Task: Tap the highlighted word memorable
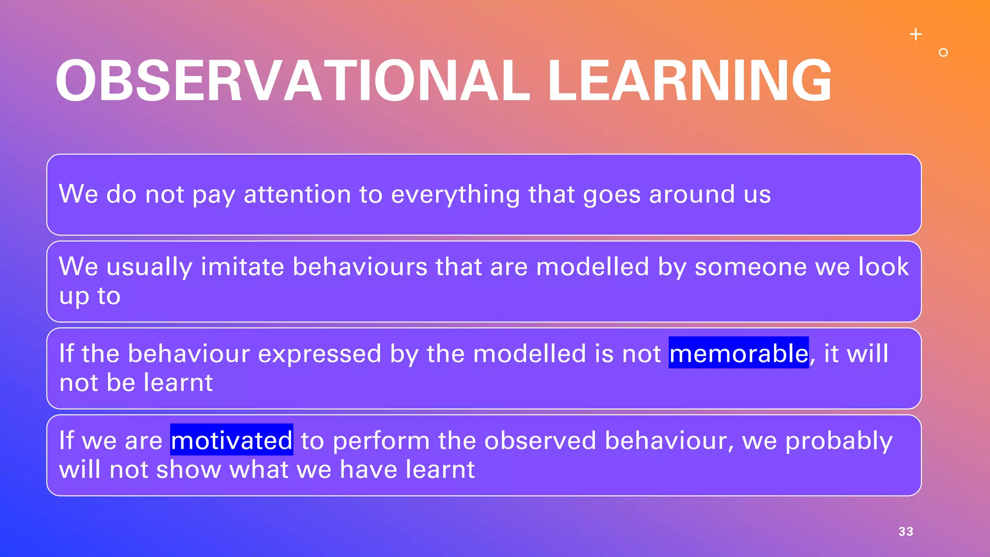(738, 353)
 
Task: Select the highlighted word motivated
(232, 440)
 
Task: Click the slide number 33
(905, 531)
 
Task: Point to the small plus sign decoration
(916, 34)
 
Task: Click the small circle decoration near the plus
(943, 52)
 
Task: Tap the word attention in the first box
(297, 194)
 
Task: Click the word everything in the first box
(455, 195)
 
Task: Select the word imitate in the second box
(242, 267)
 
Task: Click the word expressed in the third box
(320, 354)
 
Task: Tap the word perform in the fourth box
(381, 441)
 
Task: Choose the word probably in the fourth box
(839, 441)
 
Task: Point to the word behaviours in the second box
(360, 267)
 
